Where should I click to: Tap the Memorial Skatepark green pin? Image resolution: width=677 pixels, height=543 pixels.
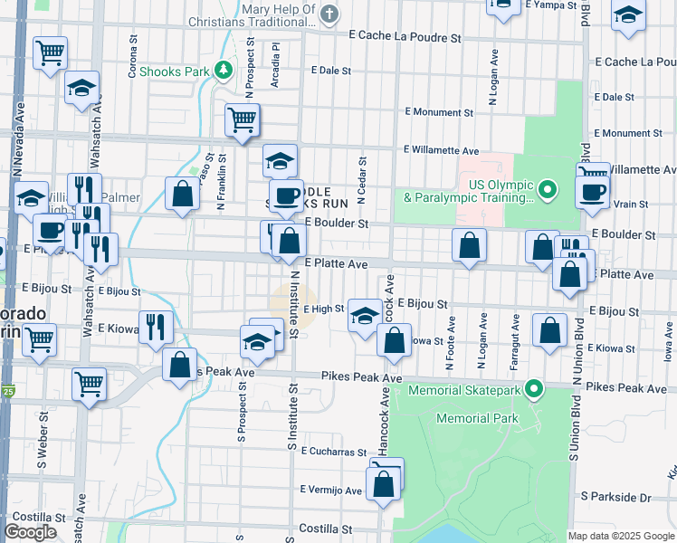[535, 390]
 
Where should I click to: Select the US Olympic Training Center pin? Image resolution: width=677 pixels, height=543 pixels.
[547, 190]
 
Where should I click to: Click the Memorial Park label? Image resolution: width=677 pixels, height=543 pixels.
[477, 419]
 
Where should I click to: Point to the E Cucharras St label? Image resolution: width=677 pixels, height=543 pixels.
[334, 451]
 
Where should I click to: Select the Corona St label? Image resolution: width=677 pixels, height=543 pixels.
[133, 57]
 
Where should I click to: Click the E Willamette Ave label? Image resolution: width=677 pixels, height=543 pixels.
[442, 150]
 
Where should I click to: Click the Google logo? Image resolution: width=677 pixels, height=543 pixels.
[31, 532]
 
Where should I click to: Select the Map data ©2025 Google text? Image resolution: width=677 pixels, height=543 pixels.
[620, 536]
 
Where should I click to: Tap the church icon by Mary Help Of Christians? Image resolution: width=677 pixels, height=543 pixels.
[329, 14]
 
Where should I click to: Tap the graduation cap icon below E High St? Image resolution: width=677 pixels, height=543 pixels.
[365, 315]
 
